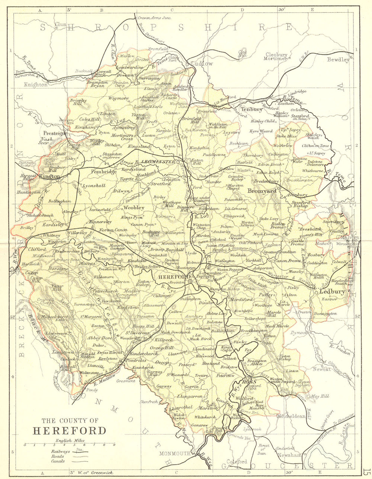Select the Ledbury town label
[x=330, y=292]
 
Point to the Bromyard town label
[x=262, y=191]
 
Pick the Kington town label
[x=49, y=177]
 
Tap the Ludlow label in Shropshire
[x=202, y=64]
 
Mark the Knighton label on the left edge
[x=36, y=85]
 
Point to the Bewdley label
[x=338, y=60]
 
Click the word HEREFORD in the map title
[x=70, y=431]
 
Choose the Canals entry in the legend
[x=58, y=461]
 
